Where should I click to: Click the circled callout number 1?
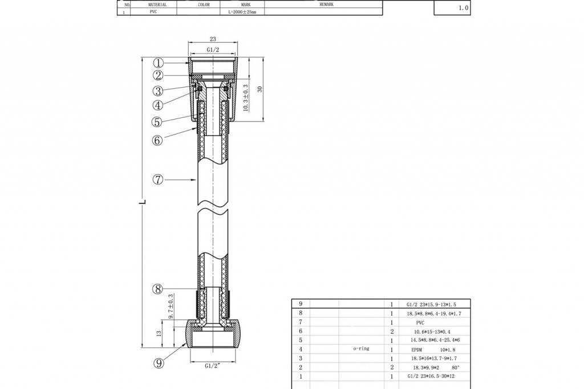click(x=159, y=63)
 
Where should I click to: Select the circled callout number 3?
click(x=158, y=91)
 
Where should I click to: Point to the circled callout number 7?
click(x=158, y=179)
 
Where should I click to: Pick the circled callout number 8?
click(x=158, y=289)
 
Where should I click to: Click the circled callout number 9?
click(x=158, y=362)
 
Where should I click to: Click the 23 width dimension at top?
click(x=213, y=39)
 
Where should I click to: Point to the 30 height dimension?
click(x=259, y=89)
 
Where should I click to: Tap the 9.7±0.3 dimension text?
click(x=171, y=306)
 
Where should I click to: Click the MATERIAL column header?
click(x=153, y=4)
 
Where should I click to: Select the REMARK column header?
click(x=326, y=4)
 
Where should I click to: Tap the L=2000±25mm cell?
click(x=242, y=11)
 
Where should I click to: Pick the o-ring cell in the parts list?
click(x=361, y=349)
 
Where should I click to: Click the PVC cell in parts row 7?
click(x=420, y=322)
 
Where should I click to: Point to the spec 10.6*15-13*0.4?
click(x=432, y=331)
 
